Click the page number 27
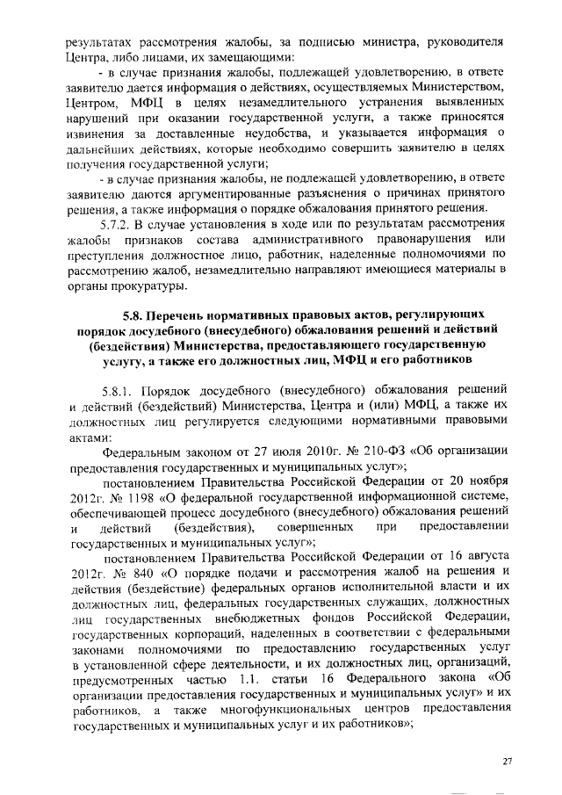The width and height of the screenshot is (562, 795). tap(507, 760)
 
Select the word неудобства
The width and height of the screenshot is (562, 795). tap(260, 132)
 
